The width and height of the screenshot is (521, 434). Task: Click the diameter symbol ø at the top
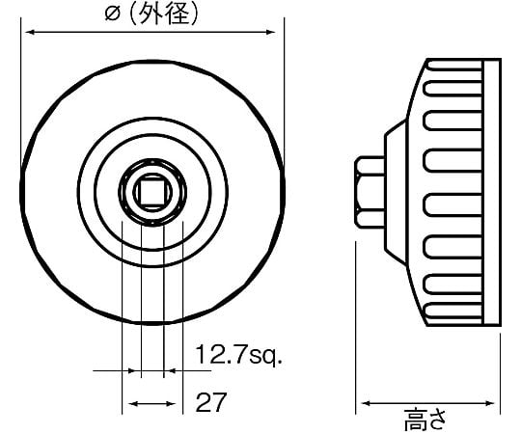pyautogui.click(x=112, y=14)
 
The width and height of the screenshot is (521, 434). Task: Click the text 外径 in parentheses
pyautogui.click(x=164, y=14)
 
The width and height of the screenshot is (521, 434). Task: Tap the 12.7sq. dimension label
pyautogui.click(x=238, y=355)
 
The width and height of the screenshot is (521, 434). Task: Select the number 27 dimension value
pyautogui.click(x=211, y=401)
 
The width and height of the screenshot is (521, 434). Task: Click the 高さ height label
pyautogui.click(x=425, y=420)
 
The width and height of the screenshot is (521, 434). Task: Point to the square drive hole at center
pyautogui.click(x=152, y=192)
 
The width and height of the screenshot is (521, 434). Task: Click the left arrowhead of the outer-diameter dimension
pyautogui.click(x=31, y=32)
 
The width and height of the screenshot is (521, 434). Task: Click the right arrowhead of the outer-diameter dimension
pyautogui.click(x=271, y=32)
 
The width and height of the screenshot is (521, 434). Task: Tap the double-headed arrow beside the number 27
pyautogui.click(x=151, y=404)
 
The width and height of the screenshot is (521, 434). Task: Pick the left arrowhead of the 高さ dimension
pyautogui.click(x=367, y=403)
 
